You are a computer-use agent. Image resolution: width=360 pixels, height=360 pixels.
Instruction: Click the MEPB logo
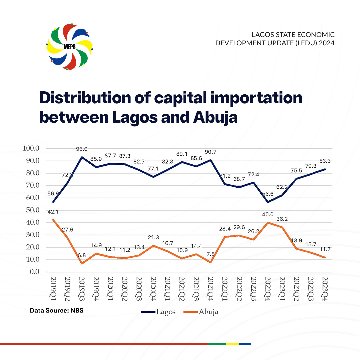[x=70, y=47]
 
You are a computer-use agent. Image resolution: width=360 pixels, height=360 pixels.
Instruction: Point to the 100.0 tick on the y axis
[x=31, y=148]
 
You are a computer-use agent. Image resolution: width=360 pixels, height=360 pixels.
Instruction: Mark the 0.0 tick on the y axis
[x=34, y=272]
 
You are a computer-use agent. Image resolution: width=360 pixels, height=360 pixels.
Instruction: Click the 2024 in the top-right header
[x=327, y=43]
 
